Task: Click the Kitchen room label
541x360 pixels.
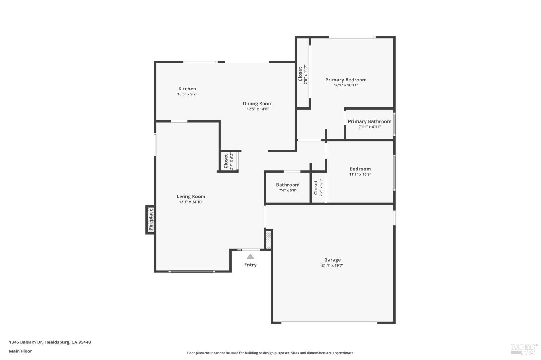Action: [187, 89]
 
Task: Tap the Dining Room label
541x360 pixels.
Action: [258, 103]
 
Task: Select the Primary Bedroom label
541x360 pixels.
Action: [346, 80]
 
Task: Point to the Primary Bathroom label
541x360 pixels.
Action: [369, 121]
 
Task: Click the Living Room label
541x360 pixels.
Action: [191, 196]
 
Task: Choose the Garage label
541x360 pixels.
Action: [332, 259]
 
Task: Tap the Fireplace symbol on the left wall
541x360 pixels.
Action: [151, 219]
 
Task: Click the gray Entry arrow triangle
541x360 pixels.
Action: [250, 257]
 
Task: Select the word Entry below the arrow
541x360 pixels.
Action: [250, 265]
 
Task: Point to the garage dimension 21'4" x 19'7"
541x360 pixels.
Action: [332, 265]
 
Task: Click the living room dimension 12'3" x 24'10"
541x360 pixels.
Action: [191, 202]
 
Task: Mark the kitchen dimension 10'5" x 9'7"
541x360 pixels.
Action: [187, 94]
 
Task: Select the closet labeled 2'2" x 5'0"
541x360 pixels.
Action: [318, 187]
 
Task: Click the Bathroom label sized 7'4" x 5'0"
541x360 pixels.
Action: [287, 185]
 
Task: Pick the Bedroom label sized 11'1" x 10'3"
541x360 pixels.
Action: [360, 169]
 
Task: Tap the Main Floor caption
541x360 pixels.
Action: [21, 351]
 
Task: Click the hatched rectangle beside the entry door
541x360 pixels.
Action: [268, 240]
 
